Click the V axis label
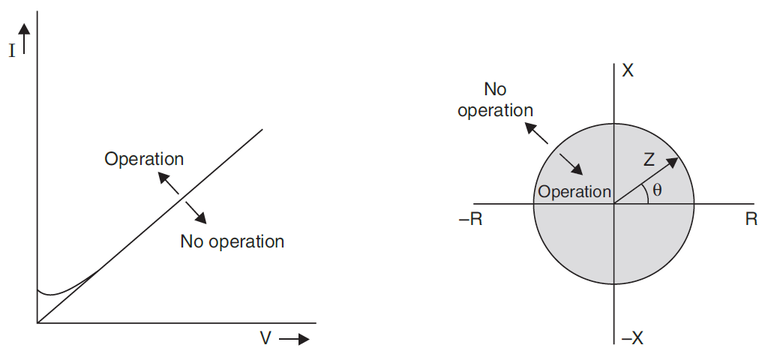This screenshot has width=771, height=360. click(x=265, y=338)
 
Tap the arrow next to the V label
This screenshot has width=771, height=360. click(x=293, y=339)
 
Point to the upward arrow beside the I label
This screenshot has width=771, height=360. click(x=25, y=37)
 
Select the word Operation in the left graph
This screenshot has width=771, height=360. click(x=144, y=159)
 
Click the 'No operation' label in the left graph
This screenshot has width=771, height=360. click(x=232, y=241)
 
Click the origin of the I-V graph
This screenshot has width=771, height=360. click(x=37, y=322)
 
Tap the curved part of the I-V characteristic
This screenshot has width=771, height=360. click(x=56, y=292)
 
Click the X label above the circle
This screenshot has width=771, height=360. click(x=628, y=71)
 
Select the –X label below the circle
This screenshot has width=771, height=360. click(x=631, y=337)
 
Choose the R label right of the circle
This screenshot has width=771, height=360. click(x=751, y=219)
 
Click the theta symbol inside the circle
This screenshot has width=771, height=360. click(x=657, y=190)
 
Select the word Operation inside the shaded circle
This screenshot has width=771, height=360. click(x=575, y=191)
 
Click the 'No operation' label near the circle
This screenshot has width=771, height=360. click(x=495, y=100)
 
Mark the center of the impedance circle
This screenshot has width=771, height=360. click(x=614, y=203)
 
